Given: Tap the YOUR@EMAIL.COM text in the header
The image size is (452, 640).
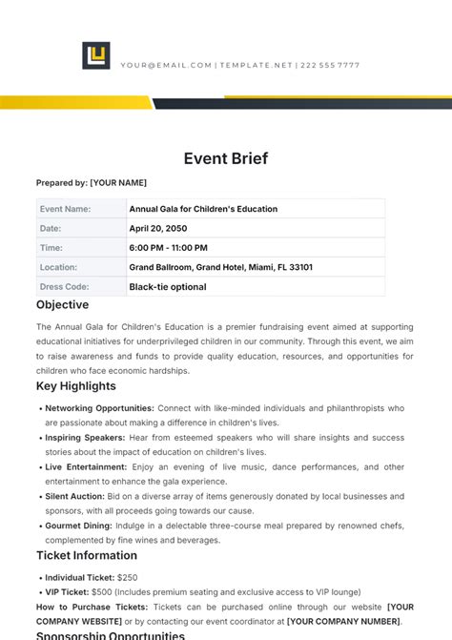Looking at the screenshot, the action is click(x=166, y=65).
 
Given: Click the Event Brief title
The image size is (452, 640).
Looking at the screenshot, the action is click(x=225, y=159).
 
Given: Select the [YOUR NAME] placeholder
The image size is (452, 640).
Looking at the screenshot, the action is click(x=118, y=182).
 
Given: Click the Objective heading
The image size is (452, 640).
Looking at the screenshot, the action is click(x=63, y=305).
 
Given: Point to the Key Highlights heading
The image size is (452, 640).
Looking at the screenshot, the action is click(x=76, y=386).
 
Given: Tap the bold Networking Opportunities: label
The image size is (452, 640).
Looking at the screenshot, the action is click(x=99, y=407).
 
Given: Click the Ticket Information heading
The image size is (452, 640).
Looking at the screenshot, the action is click(x=87, y=555).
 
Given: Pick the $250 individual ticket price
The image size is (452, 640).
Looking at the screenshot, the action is click(x=129, y=577).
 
